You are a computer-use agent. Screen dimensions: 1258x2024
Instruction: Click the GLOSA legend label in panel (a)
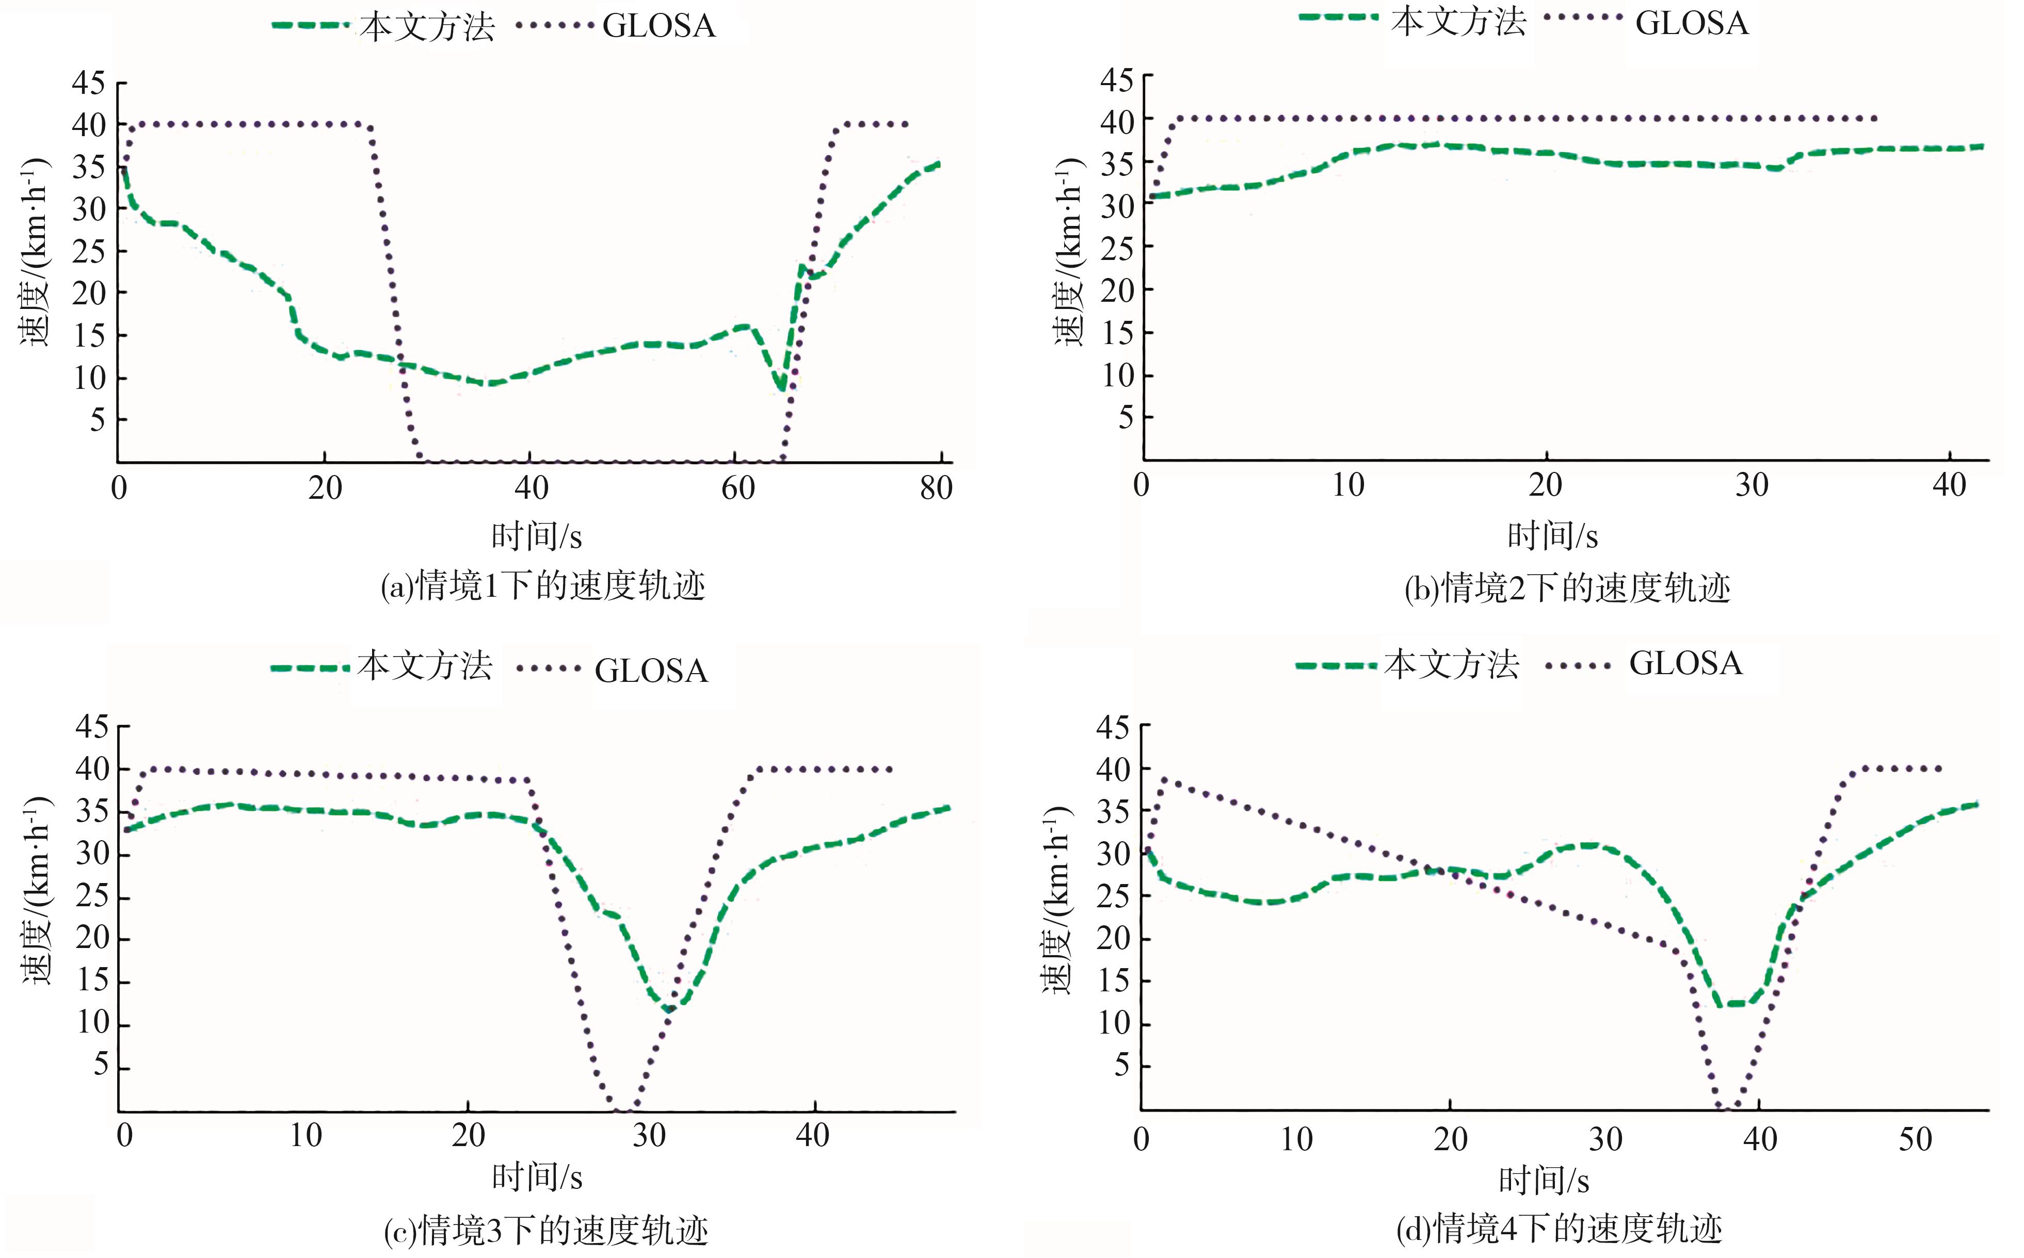658,26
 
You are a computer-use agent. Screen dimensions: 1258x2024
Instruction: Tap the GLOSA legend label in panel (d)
1685,664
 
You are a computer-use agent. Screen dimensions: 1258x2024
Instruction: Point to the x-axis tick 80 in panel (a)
936,487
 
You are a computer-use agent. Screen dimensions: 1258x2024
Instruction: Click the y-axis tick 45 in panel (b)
1116,80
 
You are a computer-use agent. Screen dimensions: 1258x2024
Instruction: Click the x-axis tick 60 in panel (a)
737,487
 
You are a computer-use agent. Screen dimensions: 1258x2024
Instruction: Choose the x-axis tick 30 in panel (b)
1751,485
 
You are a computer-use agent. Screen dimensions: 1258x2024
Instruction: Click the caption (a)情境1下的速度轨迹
542,586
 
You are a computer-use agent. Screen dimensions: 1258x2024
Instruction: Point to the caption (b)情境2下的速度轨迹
1567,588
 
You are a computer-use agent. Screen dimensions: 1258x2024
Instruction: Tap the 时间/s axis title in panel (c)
537,1178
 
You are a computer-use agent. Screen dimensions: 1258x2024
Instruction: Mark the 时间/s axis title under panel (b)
1552,536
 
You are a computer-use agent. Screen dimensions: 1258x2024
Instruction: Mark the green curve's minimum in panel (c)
668,1009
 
